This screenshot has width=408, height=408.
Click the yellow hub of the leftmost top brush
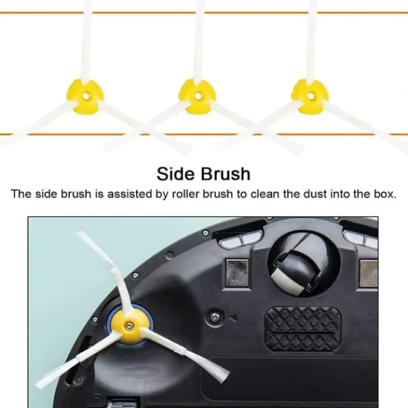coord(85,97)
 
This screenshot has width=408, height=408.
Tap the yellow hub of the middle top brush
coord(197,97)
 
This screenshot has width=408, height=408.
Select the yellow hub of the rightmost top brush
coord(309,97)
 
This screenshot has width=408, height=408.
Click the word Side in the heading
coord(175,174)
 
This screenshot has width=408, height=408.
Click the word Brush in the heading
coord(226,174)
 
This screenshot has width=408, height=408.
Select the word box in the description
coord(384,194)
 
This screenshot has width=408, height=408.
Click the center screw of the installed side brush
coord(129,326)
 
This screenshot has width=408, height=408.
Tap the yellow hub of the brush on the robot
coord(129,326)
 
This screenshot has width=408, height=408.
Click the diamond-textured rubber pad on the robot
coord(303,328)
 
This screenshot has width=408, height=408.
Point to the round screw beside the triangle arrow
coord(215,316)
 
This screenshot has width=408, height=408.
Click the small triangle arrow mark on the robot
coord(234,317)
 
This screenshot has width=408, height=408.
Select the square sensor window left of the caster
coord(237,272)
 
